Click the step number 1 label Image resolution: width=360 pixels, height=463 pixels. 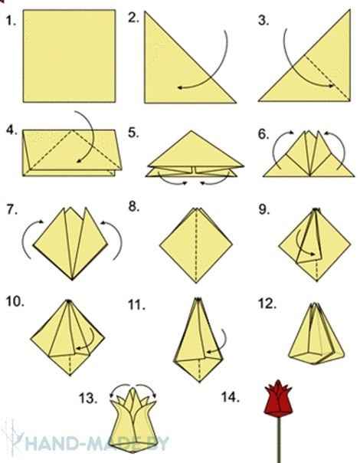(x=11, y=21)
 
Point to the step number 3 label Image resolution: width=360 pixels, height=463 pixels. (x=264, y=21)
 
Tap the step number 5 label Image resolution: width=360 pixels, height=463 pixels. (x=135, y=133)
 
